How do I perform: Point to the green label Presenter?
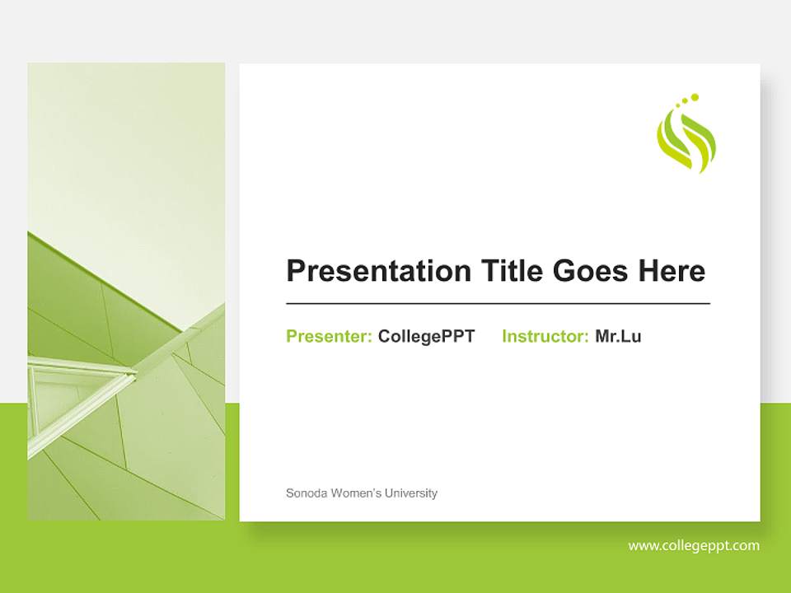click(329, 336)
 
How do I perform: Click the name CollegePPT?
click(426, 336)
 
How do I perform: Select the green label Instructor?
click(545, 336)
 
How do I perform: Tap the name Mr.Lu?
click(618, 336)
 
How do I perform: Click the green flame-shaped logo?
click(686, 142)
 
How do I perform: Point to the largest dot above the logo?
click(695, 97)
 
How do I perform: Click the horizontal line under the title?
click(498, 304)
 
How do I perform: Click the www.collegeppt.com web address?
click(694, 545)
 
